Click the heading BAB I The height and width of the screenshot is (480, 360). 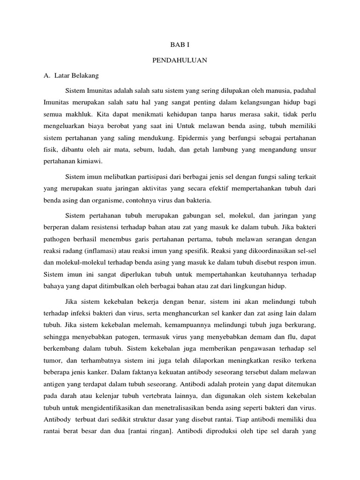(x=180, y=45)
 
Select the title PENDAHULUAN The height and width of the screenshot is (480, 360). (x=180, y=60)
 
